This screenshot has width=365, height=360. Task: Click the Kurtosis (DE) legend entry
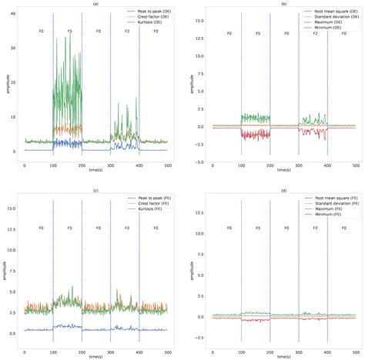[x=152, y=23]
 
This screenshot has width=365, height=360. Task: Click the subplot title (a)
[x=95, y=4]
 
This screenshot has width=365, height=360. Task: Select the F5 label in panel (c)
[x=70, y=228]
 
